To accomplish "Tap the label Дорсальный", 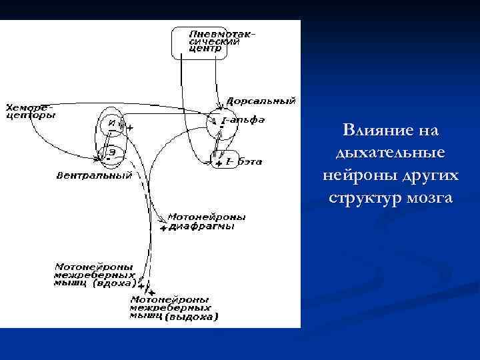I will pos(261,101).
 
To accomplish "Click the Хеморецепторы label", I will pos(30,111).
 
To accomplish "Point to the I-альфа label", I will pos(243,120).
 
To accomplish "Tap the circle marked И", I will pos(112,123).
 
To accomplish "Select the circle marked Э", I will pos(112,151).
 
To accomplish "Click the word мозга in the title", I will pos(427,198).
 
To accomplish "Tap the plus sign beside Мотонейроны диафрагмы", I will pos(163,228).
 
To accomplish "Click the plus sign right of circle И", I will pos(130,127).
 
